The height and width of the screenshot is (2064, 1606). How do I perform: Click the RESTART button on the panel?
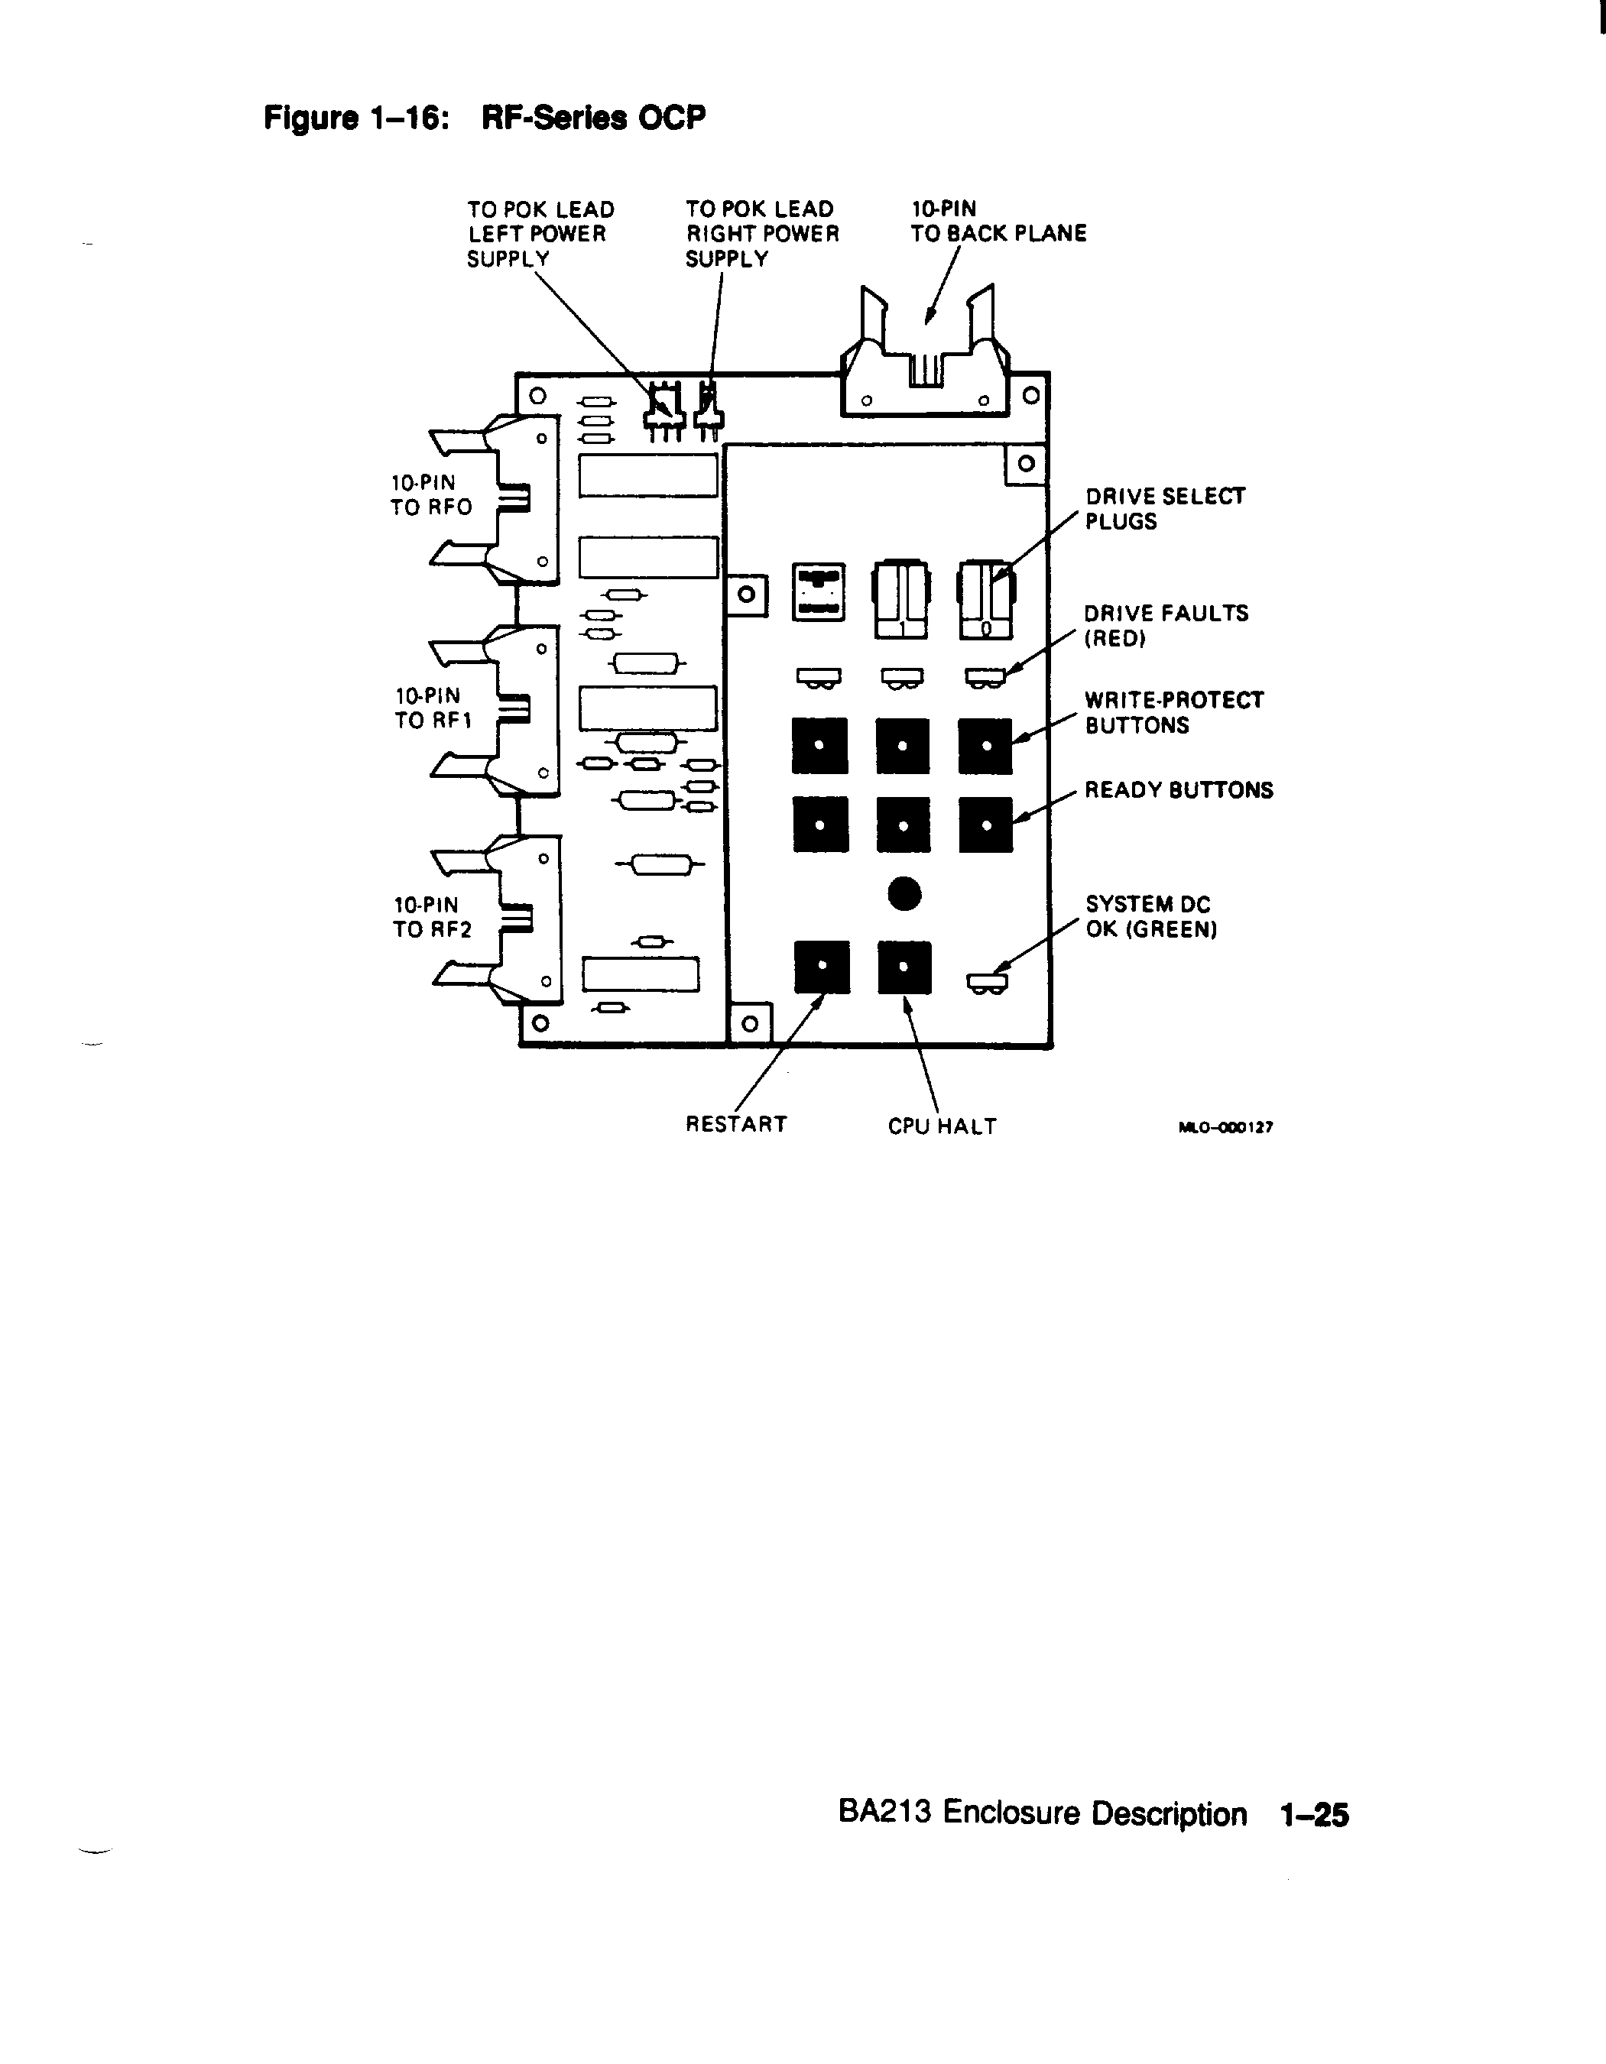coord(822,966)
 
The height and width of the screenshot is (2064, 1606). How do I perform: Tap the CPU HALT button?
coord(904,966)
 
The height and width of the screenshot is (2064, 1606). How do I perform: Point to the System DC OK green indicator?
coord(987,983)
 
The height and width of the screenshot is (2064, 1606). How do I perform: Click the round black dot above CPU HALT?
coord(904,893)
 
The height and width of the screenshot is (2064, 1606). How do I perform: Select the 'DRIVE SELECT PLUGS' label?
coord(1165,510)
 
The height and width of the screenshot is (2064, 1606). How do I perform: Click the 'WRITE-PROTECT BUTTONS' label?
coord(1174,712)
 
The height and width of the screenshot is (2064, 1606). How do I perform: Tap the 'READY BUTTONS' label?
coord(1179,790)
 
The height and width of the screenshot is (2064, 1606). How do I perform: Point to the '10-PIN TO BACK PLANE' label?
coord(998,221)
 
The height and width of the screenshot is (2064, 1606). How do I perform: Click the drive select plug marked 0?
coord(986,599)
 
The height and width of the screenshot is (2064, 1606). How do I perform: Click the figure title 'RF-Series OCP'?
coord(594,118)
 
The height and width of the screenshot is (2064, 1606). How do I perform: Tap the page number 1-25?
coord(1314,1815)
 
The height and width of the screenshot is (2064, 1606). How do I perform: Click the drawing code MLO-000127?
coord(1226,1126)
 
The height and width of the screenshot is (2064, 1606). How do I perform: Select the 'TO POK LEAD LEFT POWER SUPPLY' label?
coord(540,233)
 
